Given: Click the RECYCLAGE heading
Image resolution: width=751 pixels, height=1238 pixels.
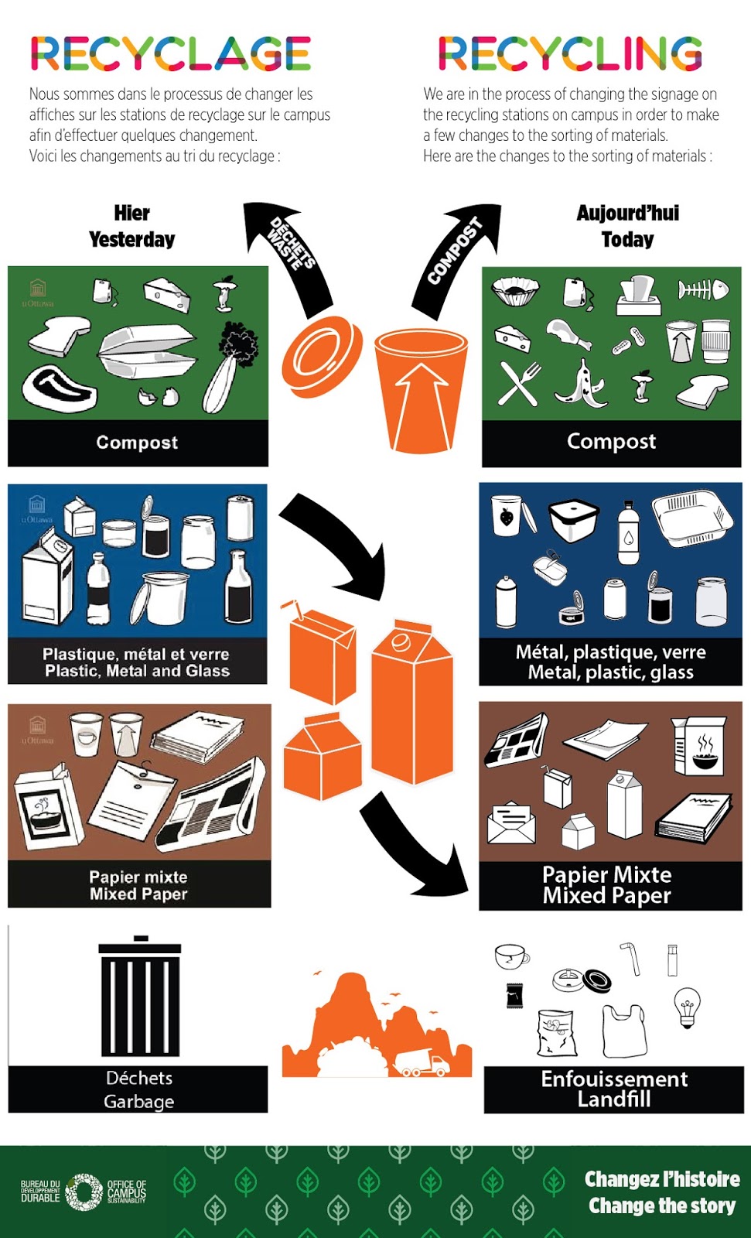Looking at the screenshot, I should click(x=170, y=53).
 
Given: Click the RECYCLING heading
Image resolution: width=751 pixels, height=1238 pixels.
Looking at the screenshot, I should click(x=570, y=53).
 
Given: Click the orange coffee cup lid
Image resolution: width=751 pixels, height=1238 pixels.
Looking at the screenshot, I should click(x=322, y=357).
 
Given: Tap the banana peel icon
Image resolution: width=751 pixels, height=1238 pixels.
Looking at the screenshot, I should click(x=582, y=384).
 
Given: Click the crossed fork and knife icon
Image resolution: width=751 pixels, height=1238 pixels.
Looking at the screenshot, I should click(x=519, y=383).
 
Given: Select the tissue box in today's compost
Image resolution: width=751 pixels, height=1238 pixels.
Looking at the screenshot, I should click(x=638, y=296).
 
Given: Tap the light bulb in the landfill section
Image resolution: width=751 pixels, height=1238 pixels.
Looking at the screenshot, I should click(x=687, y=1007).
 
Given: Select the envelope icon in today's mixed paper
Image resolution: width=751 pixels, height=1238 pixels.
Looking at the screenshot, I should click(x=510, y=824).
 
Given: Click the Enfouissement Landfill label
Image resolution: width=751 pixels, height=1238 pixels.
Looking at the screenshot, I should click(x=613, y=1089).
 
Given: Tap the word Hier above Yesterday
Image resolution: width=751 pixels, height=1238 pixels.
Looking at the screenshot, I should click(x=131, y=213).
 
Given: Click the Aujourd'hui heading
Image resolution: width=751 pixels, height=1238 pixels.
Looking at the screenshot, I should click(x=627, y=213).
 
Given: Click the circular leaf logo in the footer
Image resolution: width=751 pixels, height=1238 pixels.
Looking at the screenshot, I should click(x=84, y=1192).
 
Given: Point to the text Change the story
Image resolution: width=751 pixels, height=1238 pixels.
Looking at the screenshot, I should click(x=661, y=1206).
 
